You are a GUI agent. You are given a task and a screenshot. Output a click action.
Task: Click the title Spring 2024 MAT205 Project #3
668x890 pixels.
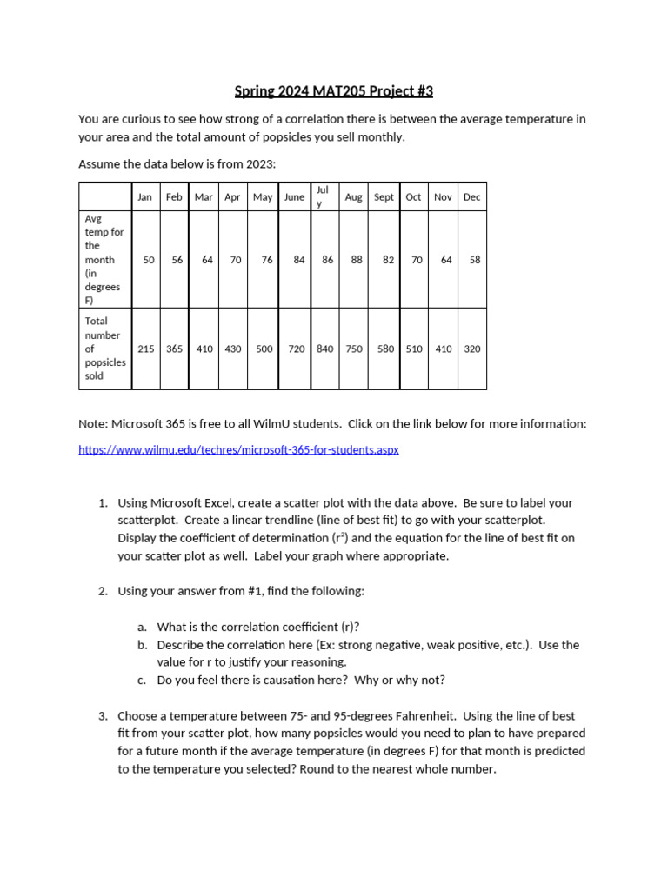coord(334,91)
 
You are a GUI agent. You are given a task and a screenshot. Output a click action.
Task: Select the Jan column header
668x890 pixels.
coord(144,197)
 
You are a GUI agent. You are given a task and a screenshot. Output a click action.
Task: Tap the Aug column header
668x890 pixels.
coord(353,197)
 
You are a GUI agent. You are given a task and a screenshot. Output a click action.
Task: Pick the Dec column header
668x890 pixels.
coord(471,197)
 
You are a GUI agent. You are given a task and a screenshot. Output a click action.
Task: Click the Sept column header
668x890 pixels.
coord(384,197)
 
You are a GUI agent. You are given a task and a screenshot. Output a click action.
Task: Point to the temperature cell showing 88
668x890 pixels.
coord(357,259)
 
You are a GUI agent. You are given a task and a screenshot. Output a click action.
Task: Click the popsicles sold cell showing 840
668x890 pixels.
coord(324,349)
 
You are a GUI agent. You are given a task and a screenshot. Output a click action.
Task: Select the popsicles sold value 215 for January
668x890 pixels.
coord(146,349)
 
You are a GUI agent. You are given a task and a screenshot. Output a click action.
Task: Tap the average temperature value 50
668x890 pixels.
coord(149,259)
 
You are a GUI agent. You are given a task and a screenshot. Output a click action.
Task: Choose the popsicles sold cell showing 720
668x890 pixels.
coord(297,349)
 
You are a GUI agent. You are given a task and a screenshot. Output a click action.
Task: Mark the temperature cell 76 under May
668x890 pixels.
coord(267,259)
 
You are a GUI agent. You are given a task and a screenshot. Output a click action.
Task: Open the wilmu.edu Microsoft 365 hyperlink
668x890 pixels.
coord(238,450)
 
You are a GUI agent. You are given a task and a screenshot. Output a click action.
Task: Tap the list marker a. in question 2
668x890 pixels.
coord(142,627)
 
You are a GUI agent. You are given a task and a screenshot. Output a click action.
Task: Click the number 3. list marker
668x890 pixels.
coord(103,716)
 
